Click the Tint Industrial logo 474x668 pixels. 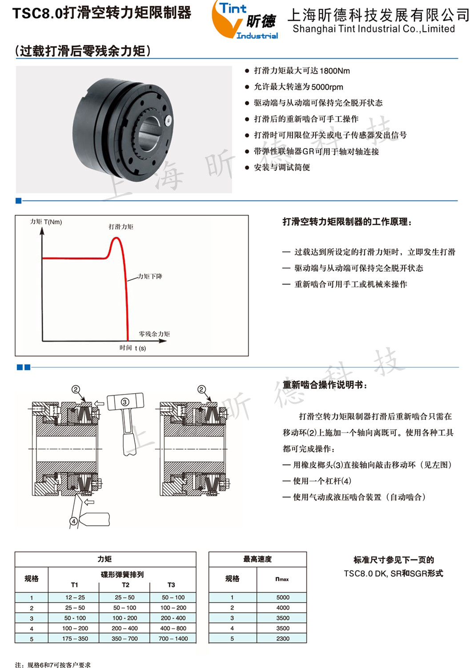[245, 20]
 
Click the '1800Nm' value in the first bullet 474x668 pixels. [334, 71]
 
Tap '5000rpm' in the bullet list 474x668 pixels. [327, 87]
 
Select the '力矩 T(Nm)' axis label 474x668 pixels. [46, 222]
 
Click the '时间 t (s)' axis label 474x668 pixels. [133, 348]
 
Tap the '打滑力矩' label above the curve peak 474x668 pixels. [121, 227]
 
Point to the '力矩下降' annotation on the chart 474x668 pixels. [150, 277]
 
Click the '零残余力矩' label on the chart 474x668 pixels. [154, 334]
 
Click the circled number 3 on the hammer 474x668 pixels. [125, 402]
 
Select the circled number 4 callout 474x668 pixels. [74, 521]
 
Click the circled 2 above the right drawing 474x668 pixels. [201, 389]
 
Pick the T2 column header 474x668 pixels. [125, 585]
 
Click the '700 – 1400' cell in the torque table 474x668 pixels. [173, 639]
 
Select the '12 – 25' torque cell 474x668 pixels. [75, 597]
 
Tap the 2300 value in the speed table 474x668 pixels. [283, 639]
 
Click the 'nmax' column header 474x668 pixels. [282, 579]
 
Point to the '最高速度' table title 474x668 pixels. [257, 559]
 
